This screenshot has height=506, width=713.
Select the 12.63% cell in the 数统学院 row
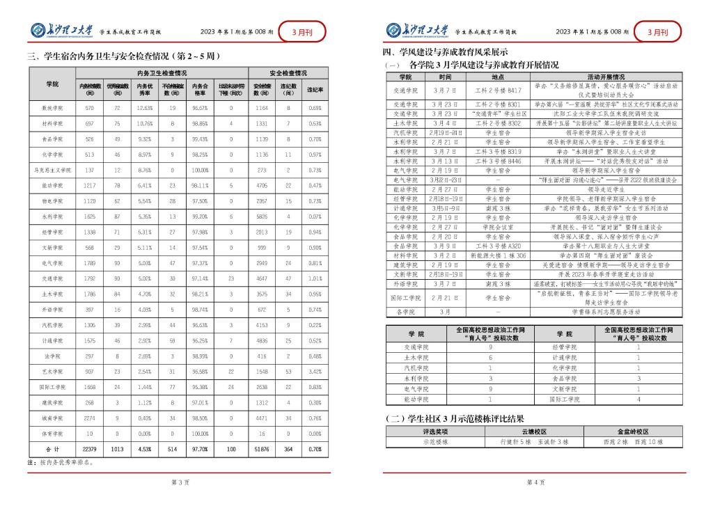click(145, 109)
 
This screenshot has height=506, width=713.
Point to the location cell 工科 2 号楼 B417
click(498, 90)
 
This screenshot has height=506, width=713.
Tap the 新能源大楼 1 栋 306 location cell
click(498, 256)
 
